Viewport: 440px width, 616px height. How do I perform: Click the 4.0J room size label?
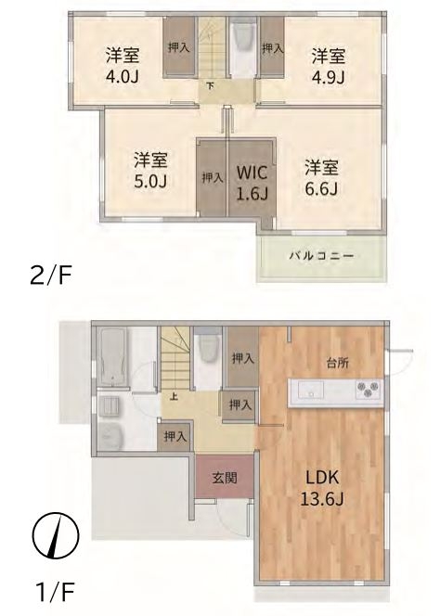[122, 77]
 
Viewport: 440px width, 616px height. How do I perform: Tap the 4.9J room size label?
[328, 77]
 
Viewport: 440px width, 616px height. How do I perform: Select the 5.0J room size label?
[150, 181]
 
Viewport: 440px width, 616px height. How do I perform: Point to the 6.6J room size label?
[321, 188]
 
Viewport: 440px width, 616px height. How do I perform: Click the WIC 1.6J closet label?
[252, 183]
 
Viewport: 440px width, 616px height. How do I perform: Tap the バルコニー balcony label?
[321, 257]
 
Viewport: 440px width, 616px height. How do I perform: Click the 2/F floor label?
[51, 276]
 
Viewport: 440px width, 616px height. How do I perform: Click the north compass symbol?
[56, 535]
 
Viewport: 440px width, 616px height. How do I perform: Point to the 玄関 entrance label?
[225, 478]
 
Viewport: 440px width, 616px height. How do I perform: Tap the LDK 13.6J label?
[322, 488]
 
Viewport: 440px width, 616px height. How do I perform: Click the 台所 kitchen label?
[338, 363]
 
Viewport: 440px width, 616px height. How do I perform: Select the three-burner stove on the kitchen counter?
[369, 389]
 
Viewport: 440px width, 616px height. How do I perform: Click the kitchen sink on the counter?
[311, 391]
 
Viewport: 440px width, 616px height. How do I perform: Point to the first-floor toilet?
[209, 348]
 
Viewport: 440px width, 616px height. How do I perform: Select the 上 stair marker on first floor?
[173, 396]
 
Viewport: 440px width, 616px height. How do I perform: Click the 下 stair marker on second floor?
[211, 85]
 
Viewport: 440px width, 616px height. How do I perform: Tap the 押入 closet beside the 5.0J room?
[213, 178]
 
